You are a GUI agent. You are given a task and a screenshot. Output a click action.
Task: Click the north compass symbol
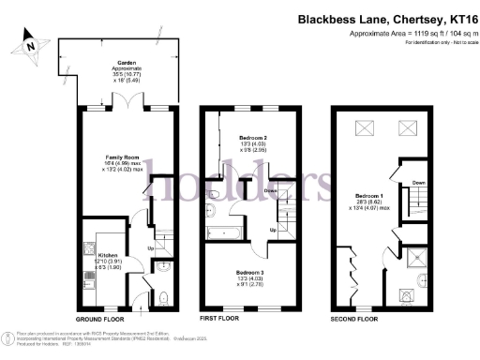[32, 43]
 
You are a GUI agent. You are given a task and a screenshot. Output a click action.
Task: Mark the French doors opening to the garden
[126, 111]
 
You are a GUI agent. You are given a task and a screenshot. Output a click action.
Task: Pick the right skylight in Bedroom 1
[407, 129]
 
